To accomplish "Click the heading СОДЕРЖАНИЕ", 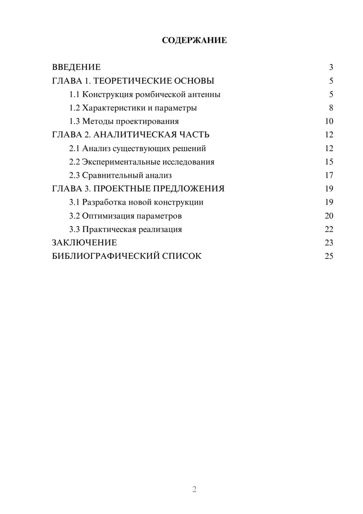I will pyautogui.click(x=194, y=40).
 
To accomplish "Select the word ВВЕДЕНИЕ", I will pyautogui.click(x=76, y=67).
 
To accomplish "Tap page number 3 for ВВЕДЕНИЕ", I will pyautogui.click(x=331, y=67).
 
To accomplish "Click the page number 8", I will pyautogui.click(x=331, y=108).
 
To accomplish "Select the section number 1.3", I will pyautogui.click(x=74, y=121).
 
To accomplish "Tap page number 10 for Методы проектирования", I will pyautogui.click(x=329, y=121).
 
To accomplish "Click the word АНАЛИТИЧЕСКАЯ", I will pyautogui.click(x=134, y=135).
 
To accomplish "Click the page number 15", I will pyautogui.click(x=329, y=162).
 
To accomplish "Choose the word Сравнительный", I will pyautogui.click(x=113, y=175).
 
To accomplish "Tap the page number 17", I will pyautogui.click(x=329, y=175).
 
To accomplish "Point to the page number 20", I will pyautogui.click(x=329, y=216).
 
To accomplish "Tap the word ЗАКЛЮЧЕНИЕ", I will pyautogui.click(x=84, y=243).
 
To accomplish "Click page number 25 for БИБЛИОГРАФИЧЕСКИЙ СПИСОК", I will pyautogui.click(x=329, y=256).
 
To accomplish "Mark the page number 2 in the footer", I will pyautogui.click(x=194, y=489).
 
